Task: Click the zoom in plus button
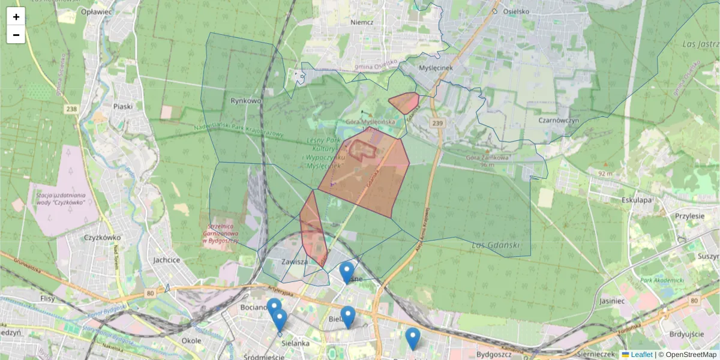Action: (16, 17)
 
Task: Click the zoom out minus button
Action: (16, 35)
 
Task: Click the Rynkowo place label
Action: (246, 101)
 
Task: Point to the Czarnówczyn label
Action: (558, 120)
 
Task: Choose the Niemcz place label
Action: (362, 22)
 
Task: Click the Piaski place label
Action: (122, 106)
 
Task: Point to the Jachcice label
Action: (166, 260)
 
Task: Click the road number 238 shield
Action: (72, 109)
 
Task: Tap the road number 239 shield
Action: (437, 122)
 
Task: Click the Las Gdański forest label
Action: (493, 245)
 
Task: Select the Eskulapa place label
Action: (637, 200)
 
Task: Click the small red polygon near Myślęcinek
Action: (404, 103)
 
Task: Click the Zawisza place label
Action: (295, 262)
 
